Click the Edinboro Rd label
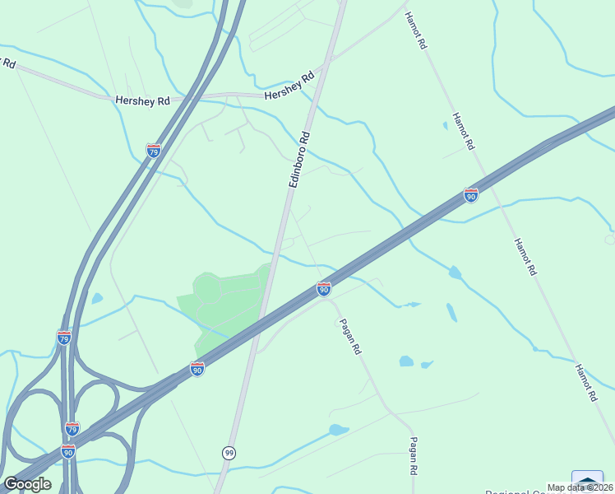click(x=300, y=160)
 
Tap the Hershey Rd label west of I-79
click(x=142, y=100)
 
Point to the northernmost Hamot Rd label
click(x=416, y=32)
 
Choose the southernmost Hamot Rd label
click(x=585, y=382)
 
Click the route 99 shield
click(x=229, y=453)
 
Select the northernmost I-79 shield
click(x=153, y=151)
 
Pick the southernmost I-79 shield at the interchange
click(x=72, y=429)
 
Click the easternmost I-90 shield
click(x=470, y=195)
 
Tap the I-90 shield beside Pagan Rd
click(x=324, y=289)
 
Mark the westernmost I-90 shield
click(x=67, y=451)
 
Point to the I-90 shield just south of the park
click(x=197, y=369)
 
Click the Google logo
click(x=28, y=483)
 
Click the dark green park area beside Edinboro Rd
click(x=222, y=301)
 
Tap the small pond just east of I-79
click(x=97, y=298)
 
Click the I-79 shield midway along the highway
click(x=64, y=337)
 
